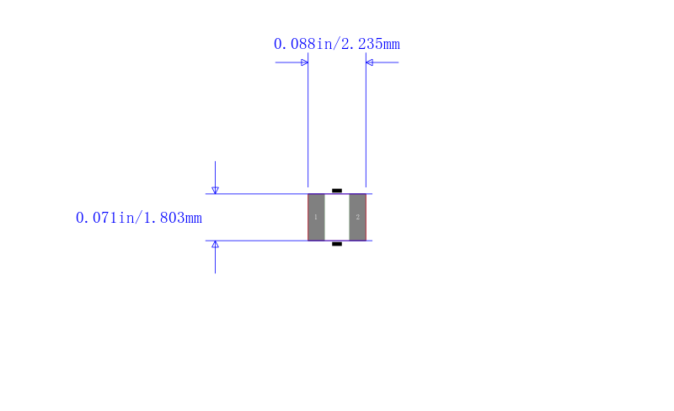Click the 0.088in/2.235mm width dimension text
click(x=336, y=44)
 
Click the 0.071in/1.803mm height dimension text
click(x=138, y=218)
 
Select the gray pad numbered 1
click(x=317, y=218)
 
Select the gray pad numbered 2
click(x=357, y=218)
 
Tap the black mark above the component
click(x=337, y=190)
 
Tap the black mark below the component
click(x=337, y=244)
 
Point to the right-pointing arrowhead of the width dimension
click(x=305, y=62)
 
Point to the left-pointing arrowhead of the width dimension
click(x=369, y=62)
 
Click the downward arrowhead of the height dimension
click(x=216, y=190)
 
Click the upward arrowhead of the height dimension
click(x=216, y=245)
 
